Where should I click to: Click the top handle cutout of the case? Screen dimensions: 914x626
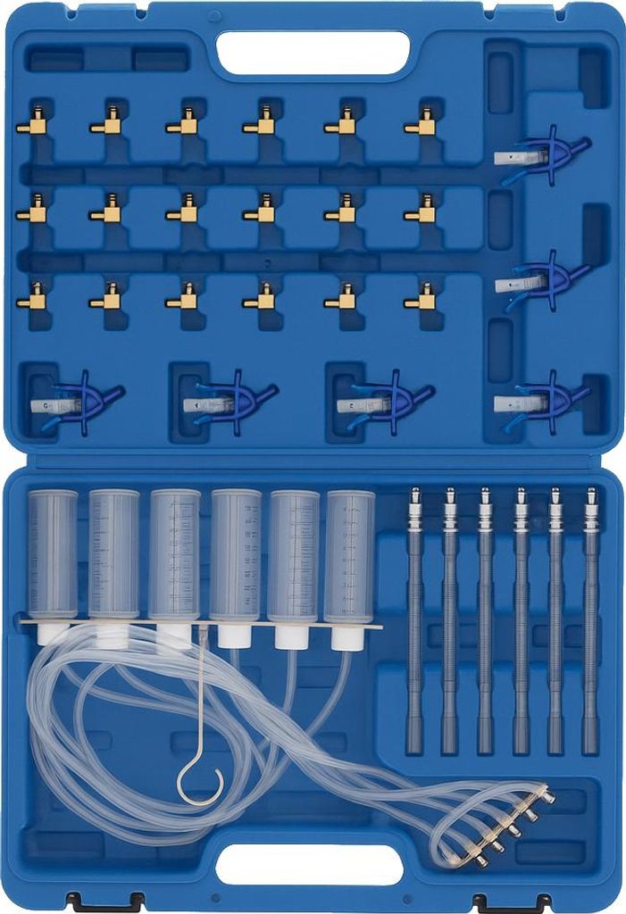[313, 53]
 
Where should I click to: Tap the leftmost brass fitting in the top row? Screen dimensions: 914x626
[32, 125]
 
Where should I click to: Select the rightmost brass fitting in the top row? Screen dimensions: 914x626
[421, 124]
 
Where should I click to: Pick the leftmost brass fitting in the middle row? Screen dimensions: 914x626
[32, 212]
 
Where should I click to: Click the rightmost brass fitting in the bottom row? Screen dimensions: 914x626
[421, 299]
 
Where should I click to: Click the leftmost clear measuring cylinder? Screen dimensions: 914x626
[53, 553]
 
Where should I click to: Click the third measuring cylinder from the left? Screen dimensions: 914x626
[174, 553]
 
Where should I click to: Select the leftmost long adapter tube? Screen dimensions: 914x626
[413, 625]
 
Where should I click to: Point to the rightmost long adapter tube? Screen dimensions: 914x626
[590, 625]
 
